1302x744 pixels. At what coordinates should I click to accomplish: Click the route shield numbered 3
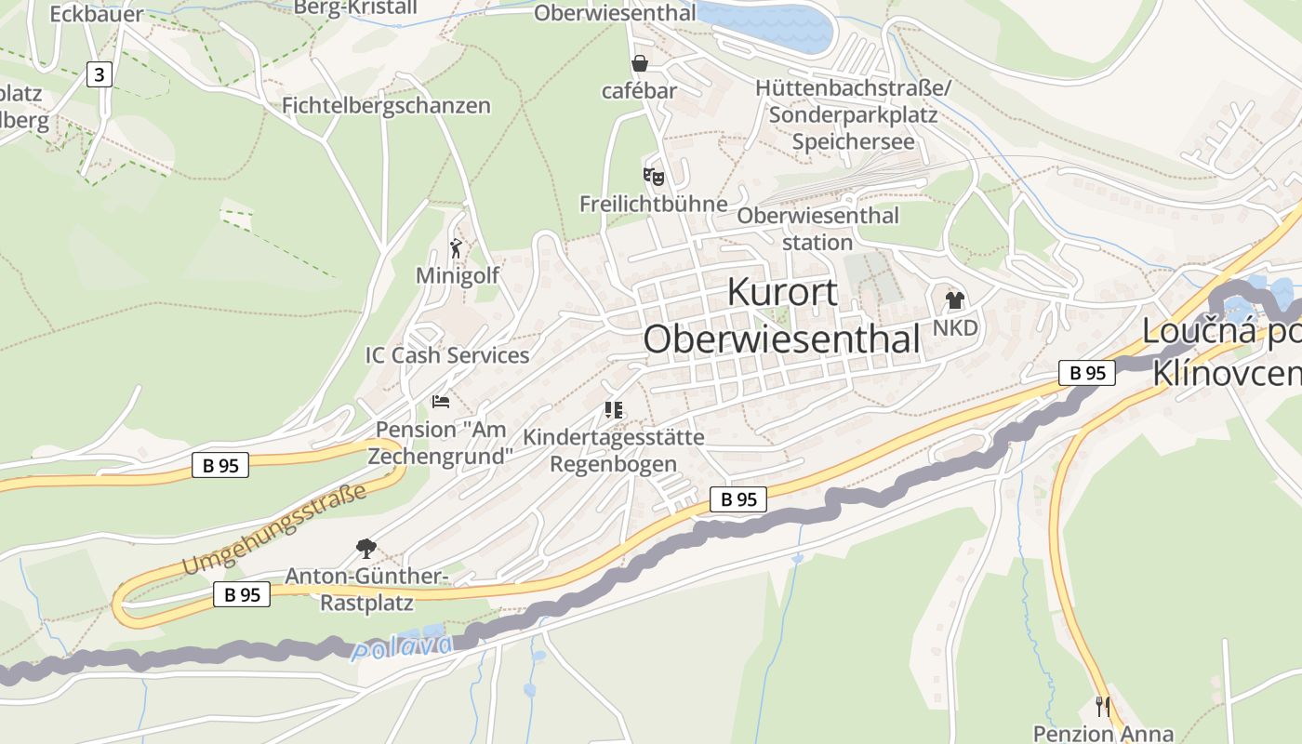pyautogui.click(x=99, y=74)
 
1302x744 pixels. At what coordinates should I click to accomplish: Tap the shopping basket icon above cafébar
pyautogui.click(x=639, y=63)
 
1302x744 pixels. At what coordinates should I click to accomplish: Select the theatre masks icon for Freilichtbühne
pyautogui.click(x=654, y=175)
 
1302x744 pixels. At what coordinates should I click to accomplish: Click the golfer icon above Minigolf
pyautogui.click(x=456, y=248)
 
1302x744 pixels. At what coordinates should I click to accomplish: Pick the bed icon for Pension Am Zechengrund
pyautogui.click(x=441, y=402)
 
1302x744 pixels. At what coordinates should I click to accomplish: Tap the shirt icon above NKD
pyautogui.click(x=955, y=300)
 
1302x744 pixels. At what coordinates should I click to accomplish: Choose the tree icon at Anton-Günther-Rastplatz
pyautogui.click(x=366, y=548)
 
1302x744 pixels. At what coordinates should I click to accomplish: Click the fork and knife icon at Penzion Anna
pyautogui.click(x=1103, y=707)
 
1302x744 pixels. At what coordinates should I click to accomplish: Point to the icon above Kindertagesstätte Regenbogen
pyautogui.click(x=613, y=409)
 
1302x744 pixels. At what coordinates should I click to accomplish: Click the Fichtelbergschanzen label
pyautogui.click(x=386, y=105)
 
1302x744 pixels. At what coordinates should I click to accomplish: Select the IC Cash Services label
pyautogui.click(x=447, y=355)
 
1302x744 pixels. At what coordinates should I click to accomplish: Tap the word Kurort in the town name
pyautogui.click(x=782, y=292)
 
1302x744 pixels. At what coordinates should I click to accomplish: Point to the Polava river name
pyautogui.click(x=403, y=646)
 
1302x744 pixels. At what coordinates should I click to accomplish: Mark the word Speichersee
pyautogui.click(x=853, y=142)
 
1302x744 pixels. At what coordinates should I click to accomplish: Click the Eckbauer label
pyautogui.click(x=97, y=14)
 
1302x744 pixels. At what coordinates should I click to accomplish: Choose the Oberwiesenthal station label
pyautogui.click(x=817, y=229)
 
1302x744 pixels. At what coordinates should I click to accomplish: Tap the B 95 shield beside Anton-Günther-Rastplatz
pyautogui.click(x=242, y=594)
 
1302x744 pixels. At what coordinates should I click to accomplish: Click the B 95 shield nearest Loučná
pyautogui.click(x=1087, y=373)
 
